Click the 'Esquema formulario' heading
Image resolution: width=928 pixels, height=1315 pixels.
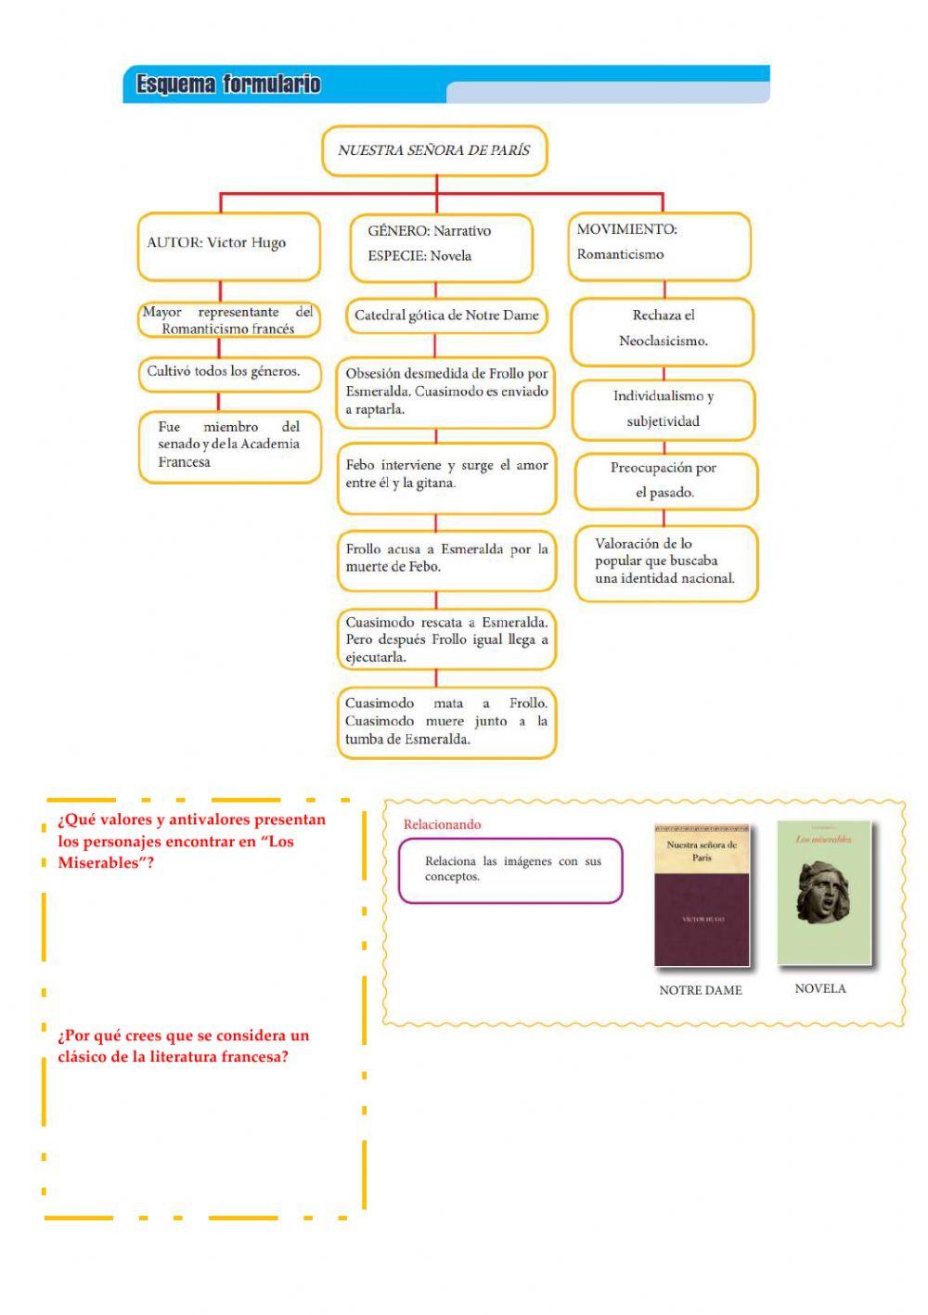click(x=228, y=84)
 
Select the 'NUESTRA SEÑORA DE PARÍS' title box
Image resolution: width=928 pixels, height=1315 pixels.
click(x=434, y=150)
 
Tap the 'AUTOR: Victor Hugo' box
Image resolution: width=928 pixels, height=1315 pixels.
click(x=228, y=245)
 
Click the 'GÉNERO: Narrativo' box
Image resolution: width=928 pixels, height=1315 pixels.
click(x=441, y=246)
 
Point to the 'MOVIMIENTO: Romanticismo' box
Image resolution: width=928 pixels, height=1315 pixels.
click(x=659, y=244)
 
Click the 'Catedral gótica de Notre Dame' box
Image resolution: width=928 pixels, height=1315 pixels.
click(x=446, y=316)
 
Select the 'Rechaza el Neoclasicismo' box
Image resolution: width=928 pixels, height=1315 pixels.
click(x=663, y=329)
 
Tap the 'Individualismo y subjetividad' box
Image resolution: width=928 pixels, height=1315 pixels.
click(x=664, y=409)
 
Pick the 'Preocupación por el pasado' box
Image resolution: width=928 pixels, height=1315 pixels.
click(x=664, y=481)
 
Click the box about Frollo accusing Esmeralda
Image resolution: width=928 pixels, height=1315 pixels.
click(x=446, y=560)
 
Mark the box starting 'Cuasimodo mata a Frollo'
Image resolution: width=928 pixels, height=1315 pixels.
click(x=446, y=722)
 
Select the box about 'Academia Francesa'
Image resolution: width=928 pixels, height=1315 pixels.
click(x=229, y=445)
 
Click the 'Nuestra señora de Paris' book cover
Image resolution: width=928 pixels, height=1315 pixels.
click(x=702, y=896)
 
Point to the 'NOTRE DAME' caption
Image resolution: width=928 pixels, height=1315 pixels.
click(x=701, y=991)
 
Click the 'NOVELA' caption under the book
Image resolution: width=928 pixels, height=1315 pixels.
click(x=820, y=989)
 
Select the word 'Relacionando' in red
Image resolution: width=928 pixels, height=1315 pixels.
click(x=443, y=825)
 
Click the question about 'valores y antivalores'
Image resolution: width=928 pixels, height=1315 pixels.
click(x=192, y=842)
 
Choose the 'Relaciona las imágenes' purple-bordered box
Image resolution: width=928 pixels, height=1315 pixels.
click(x=510, y=870)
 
